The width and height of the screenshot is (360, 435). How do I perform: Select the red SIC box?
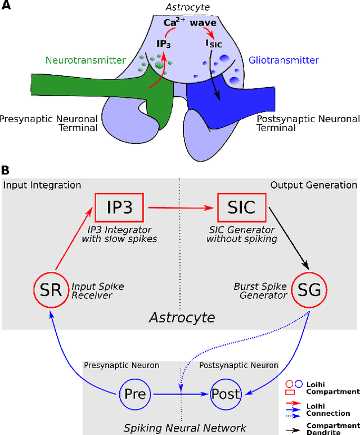241,208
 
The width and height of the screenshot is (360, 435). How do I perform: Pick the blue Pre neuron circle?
135,393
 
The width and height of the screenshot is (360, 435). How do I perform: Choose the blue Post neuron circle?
225,393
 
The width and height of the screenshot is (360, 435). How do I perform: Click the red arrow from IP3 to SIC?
180,208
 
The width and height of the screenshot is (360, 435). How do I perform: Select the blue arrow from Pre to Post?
180,394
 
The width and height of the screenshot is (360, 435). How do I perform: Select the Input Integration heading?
43,185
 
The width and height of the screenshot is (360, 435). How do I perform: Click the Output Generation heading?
313,185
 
